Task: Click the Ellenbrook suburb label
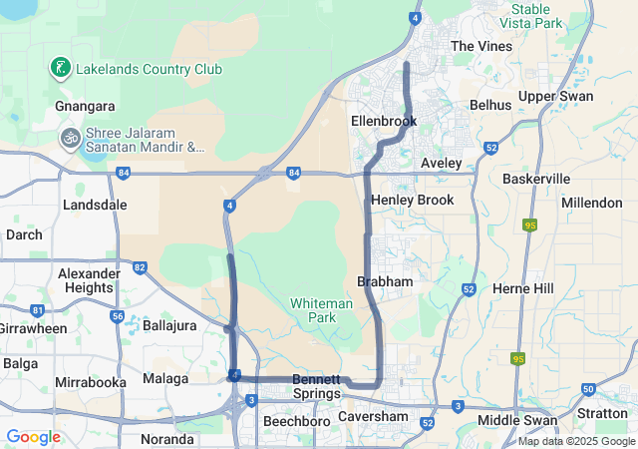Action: [383, 121]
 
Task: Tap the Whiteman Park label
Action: [321, 310]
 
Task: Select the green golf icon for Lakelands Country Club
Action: [61, 69]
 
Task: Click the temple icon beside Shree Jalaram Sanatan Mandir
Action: [70, 137]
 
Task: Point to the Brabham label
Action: [385, 282]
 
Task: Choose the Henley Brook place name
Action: [412, 201]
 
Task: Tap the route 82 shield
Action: [140, 267]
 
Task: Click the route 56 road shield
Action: [118, 316]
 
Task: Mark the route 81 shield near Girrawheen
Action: [38, 309]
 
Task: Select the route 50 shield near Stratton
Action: [588, 388]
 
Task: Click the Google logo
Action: [33, 437]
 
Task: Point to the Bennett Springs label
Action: [317, 387]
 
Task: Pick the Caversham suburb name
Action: [374, 416]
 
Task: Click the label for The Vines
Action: [481, 47]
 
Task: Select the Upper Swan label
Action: [555, 97]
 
